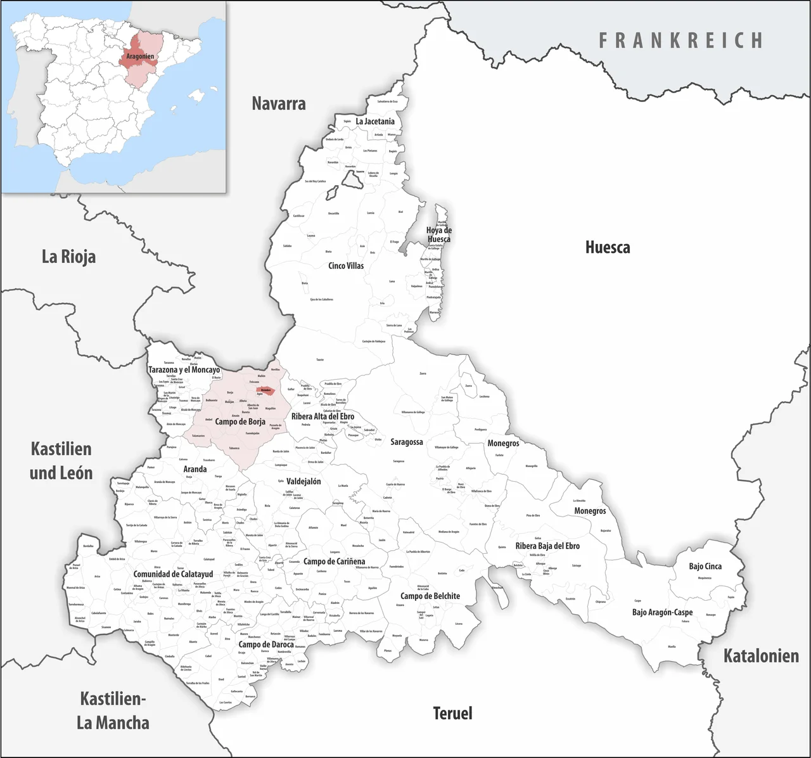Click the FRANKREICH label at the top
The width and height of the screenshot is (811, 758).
(x=681, y=41)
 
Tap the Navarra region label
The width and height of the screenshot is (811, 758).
(x=279, y=103)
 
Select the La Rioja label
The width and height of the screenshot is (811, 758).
(x=68, y=257)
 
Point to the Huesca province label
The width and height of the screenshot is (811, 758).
(x=607, y=247)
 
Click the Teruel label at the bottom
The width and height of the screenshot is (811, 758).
(x=452, y=713)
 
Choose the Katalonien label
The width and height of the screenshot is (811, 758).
(x=761, y=655)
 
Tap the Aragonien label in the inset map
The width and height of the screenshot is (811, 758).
(x=140, y=56)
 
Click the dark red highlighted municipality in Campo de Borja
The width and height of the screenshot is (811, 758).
(x=265, y=390)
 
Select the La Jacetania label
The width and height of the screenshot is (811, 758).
(x=375, y=121)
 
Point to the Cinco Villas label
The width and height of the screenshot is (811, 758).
(x=346, y=266)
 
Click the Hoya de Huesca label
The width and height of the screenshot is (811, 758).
(x=438, y=234)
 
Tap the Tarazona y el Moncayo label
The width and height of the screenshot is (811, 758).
(x=184, y=369)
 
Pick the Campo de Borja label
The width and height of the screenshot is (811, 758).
(x=240, y=421)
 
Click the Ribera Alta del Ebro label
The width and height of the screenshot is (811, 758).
(x=322, y=416)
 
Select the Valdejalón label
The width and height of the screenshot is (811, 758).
(x=303, y=481)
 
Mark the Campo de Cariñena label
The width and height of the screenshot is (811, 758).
(x=334, y=562)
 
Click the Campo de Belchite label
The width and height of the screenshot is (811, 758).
(x=430, y=596)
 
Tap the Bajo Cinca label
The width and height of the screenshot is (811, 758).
(x=705, y=566)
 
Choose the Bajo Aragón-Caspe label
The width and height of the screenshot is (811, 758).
(x=662, y=612)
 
